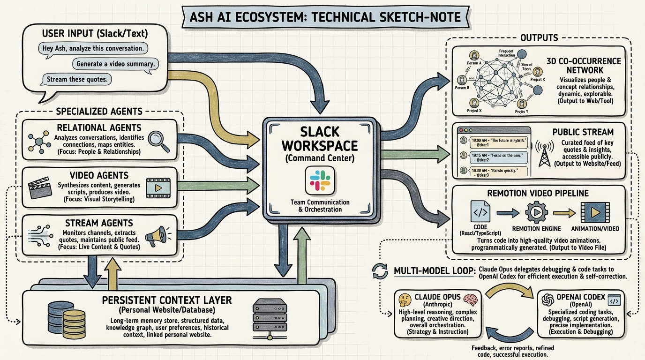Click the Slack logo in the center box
(x=320, y=180)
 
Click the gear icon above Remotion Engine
(x=536, y=212)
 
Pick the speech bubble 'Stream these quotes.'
(x=77, y=79)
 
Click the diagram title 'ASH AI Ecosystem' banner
(x=322, y=17)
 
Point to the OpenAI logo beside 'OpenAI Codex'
(x=545, y=299)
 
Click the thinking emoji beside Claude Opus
(x=405, y=300)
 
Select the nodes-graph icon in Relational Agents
(x=39, y=140)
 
